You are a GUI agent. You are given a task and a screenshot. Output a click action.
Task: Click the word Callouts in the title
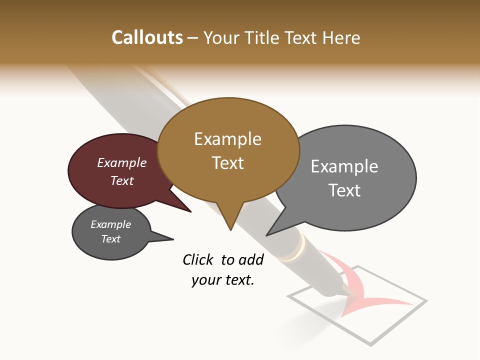click(147, 37)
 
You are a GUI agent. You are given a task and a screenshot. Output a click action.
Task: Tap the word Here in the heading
click(342, 37)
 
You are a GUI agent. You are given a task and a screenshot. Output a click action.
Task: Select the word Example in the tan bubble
click(227, 139)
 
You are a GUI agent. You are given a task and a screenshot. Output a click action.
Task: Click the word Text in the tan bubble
click(227, 163)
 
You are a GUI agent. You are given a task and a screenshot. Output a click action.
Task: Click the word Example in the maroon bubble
click(122, 163)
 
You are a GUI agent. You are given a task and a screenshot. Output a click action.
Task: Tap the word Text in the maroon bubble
click(122, 180)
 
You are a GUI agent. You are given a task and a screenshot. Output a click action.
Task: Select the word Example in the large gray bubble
click(344, 166)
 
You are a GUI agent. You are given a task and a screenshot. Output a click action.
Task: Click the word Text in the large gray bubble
click(344, 190)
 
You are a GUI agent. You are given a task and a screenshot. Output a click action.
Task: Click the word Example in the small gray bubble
click(110, 224)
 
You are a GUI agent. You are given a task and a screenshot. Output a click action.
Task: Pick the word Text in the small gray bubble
click(110, 239)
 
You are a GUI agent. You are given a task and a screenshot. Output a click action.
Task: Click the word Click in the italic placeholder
click(198, 259)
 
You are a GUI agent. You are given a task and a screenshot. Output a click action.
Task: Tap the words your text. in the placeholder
click(222, 280)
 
